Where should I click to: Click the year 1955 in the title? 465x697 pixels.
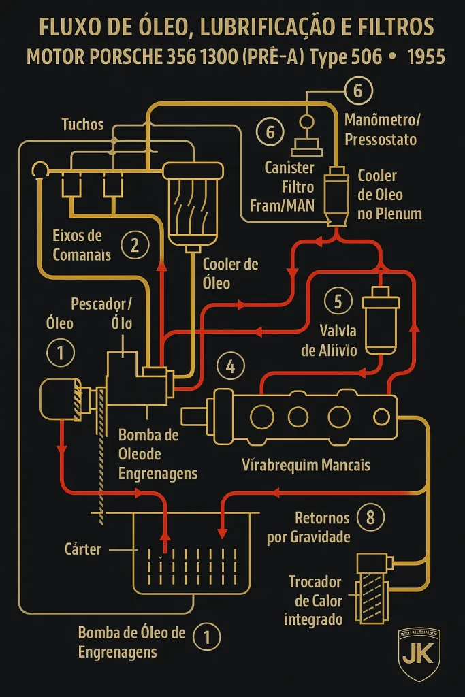tap(426, 57)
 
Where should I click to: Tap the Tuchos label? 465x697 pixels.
tap(82, 124)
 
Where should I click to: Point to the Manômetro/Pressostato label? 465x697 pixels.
tap(383, 130)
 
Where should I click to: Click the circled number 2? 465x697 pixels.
tap(134, 245)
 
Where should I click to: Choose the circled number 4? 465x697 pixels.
tap(230, 367)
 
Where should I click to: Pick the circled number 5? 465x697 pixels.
tap(338, 300)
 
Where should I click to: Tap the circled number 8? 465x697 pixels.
tap(370, 517)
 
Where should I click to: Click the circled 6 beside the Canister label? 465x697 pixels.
tap(270, 131)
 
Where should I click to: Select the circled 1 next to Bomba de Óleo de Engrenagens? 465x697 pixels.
tap(207, 637)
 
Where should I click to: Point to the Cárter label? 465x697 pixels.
tap(82, 549)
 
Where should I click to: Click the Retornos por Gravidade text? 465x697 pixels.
tap(309, 528)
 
